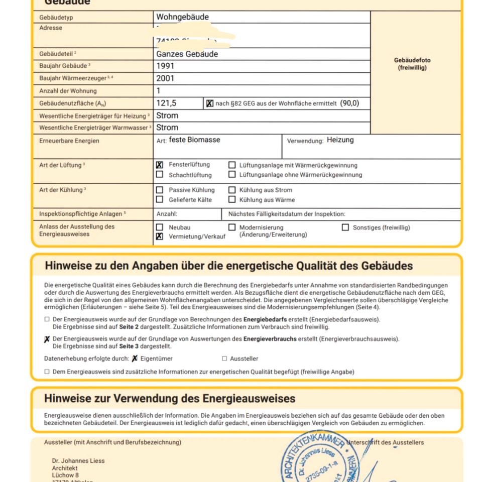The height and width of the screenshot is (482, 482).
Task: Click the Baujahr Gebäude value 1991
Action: [165, 66]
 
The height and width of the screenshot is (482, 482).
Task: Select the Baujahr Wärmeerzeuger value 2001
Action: [165, 78]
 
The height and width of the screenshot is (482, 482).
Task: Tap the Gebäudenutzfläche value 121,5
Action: [166, 103]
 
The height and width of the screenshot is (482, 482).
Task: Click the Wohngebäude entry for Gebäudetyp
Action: [182, 17]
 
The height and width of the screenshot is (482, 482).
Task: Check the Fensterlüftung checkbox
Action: [160, 165]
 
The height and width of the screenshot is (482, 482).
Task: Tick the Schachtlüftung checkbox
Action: [160, 175]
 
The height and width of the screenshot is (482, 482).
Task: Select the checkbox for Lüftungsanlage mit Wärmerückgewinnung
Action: [232, 165]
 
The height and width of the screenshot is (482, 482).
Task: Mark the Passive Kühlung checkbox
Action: [160, 190]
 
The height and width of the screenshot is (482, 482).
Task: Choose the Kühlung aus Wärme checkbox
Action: [232, 200]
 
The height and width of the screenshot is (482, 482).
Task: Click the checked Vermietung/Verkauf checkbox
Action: [160, 236]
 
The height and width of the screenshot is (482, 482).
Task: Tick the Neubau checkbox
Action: [160, 227]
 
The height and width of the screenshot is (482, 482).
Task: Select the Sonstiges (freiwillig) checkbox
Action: [345, 227]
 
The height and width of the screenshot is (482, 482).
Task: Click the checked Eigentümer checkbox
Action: [135, 358]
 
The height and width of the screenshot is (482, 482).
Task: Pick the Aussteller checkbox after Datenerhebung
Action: [224, 358]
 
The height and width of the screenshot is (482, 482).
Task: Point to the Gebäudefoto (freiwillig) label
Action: [412, 64]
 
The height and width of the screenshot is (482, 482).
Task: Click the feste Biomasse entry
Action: [194, 140]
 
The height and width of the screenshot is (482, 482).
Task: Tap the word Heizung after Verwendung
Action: [340, 140]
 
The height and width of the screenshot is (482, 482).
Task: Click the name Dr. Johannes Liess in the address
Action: [78, 460]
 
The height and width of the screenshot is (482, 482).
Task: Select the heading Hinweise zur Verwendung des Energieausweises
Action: [170, 399]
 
